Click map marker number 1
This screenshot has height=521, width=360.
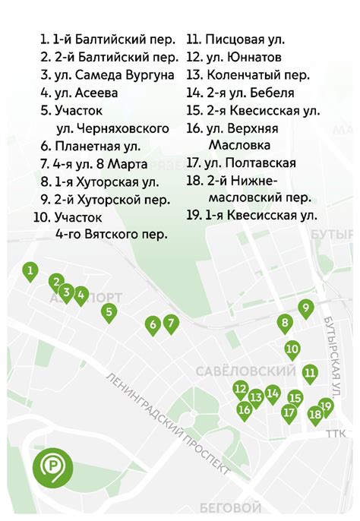pyautogui.click(x=30, y=270)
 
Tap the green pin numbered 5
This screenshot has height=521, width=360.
pyautogui.click(x=109, y=311)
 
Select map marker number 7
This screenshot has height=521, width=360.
pyautogui.click(x=171, y=324)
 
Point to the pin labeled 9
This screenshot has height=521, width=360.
pyautogui.click(x=305, y=308)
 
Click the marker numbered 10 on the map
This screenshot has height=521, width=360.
pyautogui.click(x=292, y=349)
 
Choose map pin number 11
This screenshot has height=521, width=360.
pyautogui.click(x=310, y=373)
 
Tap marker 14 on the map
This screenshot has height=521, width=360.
pyautogui.click(x=273, y=393)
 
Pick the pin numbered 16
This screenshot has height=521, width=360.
pyautogui.click(x=244, y=410)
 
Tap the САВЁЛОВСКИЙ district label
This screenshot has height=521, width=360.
pyautogui.click(x=245, y=371)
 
